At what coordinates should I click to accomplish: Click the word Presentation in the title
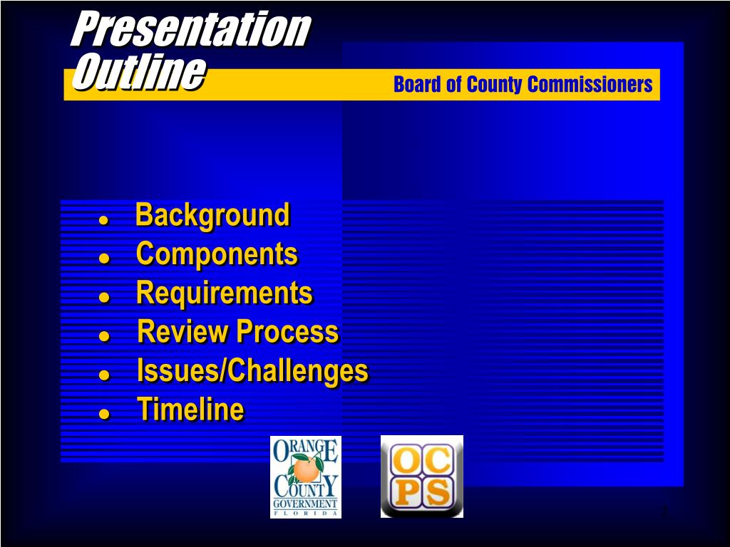tap(190, 29)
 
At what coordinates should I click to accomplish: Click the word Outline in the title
tap(138, 73)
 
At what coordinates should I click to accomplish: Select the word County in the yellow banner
tap(495, 85)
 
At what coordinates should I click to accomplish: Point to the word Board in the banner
tap(418, 85)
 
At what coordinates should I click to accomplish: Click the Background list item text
tap(212, 215)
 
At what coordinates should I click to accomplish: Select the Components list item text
tap(217, 254)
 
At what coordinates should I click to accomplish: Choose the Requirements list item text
tap(224, 293)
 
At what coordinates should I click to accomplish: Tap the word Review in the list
tap(183, 332)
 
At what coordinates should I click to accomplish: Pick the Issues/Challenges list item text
tap(252, 371)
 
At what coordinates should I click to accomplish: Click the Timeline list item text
tap(190, 410)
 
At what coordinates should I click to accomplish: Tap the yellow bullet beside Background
tap(103, 219)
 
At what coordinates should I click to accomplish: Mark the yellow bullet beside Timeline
tap(103, 413)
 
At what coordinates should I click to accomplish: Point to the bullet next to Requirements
tap(103, 297)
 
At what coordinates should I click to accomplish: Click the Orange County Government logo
tap(305, 476)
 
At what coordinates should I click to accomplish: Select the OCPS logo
tap(421, 476)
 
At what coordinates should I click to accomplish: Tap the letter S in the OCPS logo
tap(438, 492)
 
